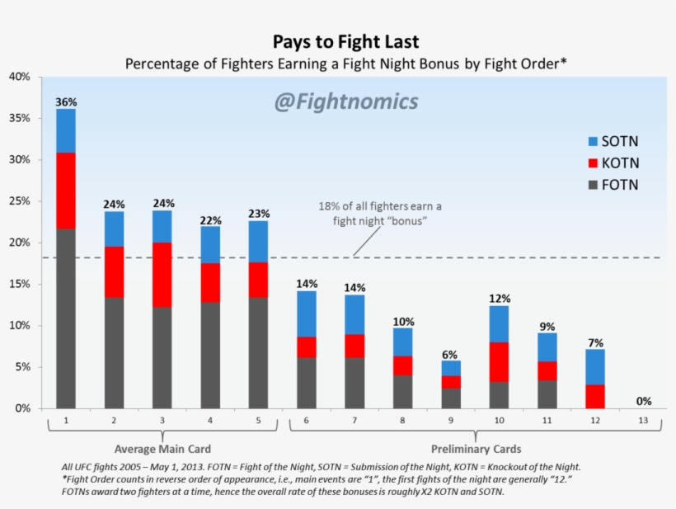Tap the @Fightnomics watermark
tap(345, 101)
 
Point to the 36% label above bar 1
tap(66, 101)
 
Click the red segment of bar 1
tap(66, 191)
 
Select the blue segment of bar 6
tap(307, 313)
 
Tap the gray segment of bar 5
tap(259, 352)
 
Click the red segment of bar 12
tap(595, 396)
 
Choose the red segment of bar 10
tap(499, 361)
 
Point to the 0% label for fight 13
tap(644, 402)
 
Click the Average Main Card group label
tap(162, 450)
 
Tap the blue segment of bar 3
tap(162, 226)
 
